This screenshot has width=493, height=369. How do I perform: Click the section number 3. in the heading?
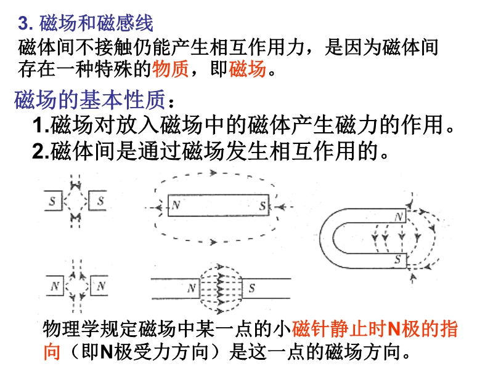(x=25, y=23)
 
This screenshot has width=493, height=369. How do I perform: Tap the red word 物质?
(x=171, y=69)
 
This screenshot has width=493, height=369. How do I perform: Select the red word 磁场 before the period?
(x=248, y=69)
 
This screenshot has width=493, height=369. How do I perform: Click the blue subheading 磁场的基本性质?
(x=90, y=100)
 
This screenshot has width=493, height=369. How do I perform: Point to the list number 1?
(x=41, y=125)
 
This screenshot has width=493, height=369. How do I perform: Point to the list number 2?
(x=41, y=151)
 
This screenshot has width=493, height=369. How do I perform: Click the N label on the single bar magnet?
(x=176, y=205)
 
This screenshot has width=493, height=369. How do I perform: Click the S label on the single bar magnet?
(x=263, y=206)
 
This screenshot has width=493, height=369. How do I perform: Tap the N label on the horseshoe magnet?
(x=399, y=217)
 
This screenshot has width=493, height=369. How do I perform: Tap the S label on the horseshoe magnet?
(x=397, y=259)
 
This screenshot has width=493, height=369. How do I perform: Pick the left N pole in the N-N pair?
(x=55, y=286)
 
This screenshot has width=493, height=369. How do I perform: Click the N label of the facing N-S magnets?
(x=192, y=288)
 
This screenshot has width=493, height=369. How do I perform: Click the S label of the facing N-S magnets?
(x=251, y=288)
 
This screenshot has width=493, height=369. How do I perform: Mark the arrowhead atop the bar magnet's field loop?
(x=213, y=173)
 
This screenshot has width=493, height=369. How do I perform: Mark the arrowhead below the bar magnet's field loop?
(x=213, y=242)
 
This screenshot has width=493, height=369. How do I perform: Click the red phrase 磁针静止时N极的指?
(x=375, y=329)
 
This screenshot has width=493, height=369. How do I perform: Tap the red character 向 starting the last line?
(x=52, y=352)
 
